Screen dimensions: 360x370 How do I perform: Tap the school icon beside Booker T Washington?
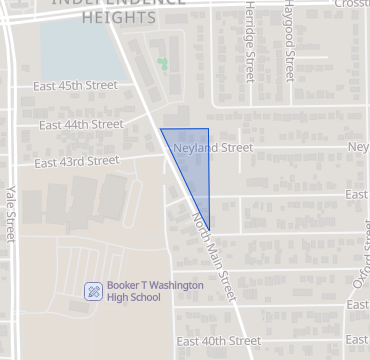(x=92, y=291)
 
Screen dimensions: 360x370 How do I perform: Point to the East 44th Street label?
(x=81, y=125)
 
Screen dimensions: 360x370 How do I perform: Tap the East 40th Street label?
(x=218, y=341)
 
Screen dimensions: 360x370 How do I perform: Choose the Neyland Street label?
(x=213, y=148)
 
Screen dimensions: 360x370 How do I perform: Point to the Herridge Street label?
(x=249, y=40)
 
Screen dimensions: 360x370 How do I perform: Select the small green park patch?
(x=161, y=66)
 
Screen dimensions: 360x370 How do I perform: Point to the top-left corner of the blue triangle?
(x=161, y=129)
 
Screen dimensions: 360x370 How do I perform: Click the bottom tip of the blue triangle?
(x=208, y=229)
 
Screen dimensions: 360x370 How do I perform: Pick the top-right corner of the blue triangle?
(x=208, y=129)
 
